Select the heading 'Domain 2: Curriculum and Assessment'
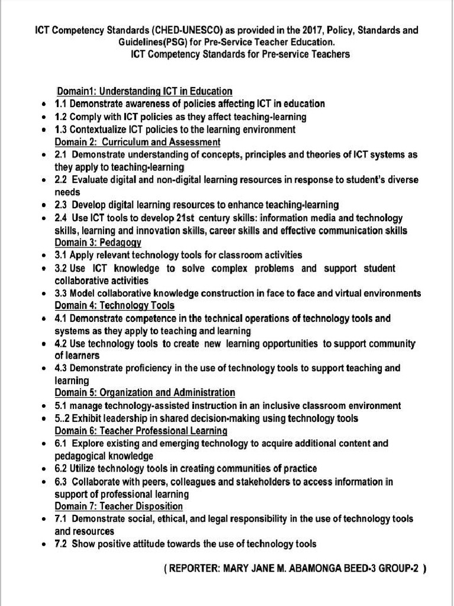[x=138, y=142]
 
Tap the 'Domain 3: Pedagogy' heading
[x=98, y=243]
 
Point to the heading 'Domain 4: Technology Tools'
[x=115, y=306]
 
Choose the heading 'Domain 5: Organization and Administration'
[x=145, y=393]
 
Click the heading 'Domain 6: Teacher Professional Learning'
[x=141, y=431]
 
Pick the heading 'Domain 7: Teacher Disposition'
[x=119, y=507]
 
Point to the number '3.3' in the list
[x=61, y=294]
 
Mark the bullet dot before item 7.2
[x=45, y=544]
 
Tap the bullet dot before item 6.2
[x=45, y=469]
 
